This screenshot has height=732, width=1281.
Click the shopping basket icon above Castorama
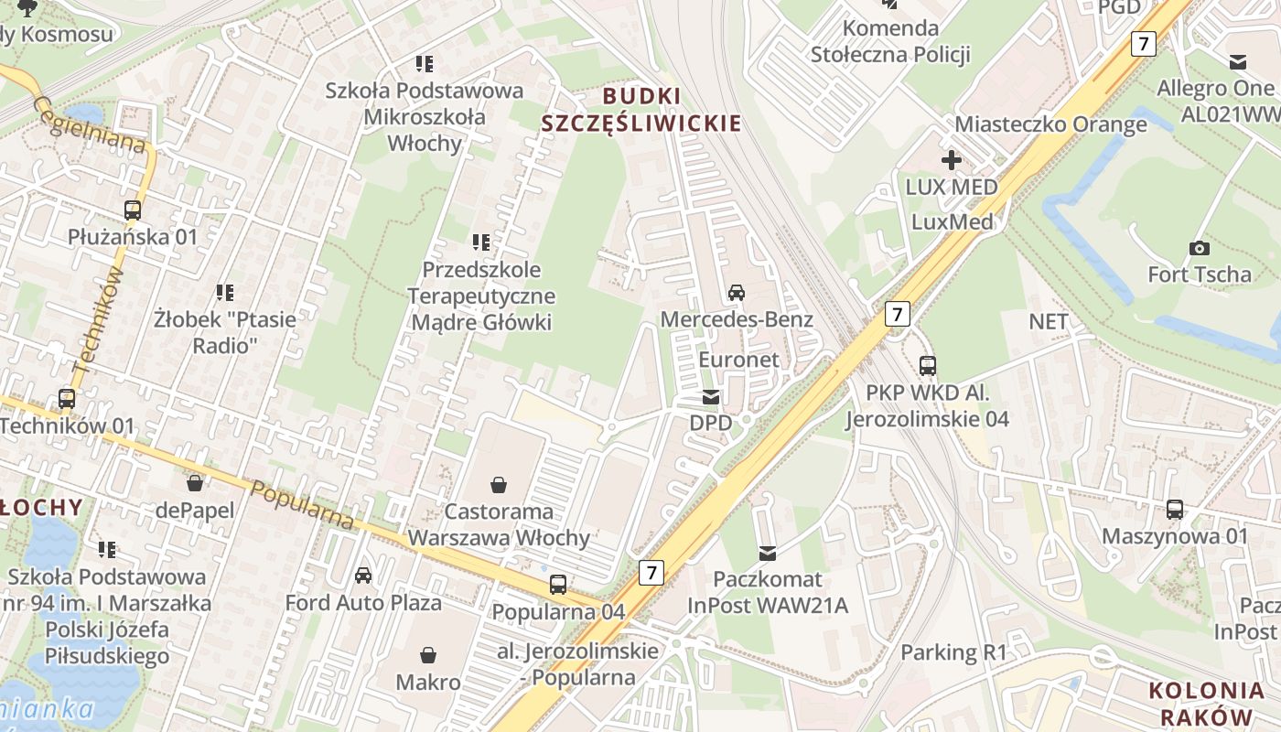point(499,484)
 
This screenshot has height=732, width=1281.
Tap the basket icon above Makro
point(428,655)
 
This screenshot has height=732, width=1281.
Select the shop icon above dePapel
point(194,483)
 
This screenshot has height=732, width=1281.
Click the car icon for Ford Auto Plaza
point(363,576)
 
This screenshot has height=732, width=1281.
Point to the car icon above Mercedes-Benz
point(737,293)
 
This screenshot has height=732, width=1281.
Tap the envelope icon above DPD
point(711,397)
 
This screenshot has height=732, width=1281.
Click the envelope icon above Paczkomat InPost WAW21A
point(768,553)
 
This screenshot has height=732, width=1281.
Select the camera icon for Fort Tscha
point(1199,248)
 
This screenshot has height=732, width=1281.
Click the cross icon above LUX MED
point(952,160)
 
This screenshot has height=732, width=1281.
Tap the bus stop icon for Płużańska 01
point(133,210)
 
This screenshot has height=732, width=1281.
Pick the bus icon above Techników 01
point(67,399)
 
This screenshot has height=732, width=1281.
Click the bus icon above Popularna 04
point(558,584)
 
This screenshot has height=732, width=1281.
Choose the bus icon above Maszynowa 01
point(1175,510)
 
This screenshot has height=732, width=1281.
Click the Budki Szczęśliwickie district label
point(640,110)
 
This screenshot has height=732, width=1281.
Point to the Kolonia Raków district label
point(1205,704)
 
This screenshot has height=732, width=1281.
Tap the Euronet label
point(739,360)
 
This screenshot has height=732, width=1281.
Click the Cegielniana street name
point(91,125)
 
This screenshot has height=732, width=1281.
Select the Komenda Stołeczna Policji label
point(890,41)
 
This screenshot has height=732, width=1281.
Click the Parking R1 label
point(953,652)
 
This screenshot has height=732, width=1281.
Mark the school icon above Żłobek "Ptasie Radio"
point(225,293)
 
